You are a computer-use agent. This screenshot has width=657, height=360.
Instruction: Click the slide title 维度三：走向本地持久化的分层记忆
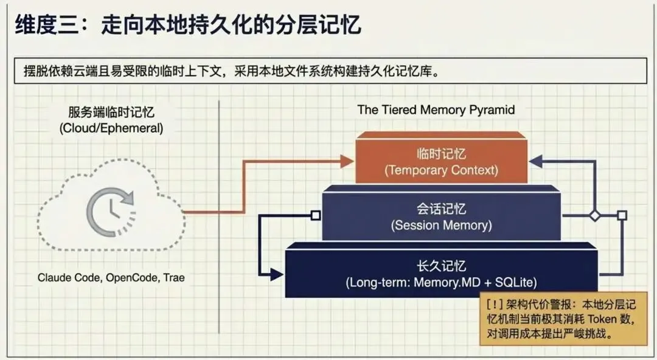pyautogui.click(x=188, y=26)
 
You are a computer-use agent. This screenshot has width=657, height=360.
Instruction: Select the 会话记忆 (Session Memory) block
pyautogui.click(x=441, y=216)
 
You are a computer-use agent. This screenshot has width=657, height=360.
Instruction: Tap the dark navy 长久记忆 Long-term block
pyautogui.click(x=441, y=274)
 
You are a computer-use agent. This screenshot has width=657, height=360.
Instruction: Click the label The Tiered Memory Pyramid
pyautogui.click(x=436, y=110)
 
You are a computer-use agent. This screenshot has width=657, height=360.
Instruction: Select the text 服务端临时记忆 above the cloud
pyautogui.click(x=111, y=112)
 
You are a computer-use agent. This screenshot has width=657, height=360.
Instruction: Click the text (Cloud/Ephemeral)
pyautogui.click(x=111, y=128)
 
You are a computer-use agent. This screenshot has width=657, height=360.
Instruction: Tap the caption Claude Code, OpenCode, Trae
pyautogui.click(x=111, y=277)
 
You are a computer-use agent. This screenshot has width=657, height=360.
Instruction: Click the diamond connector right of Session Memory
pyautogui.click(x=594, y=215)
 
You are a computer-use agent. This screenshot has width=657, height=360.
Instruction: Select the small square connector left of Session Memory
pyautogui.click(x=315, y=215)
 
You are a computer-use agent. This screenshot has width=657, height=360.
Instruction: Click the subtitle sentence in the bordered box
pyautogui.click(x=227, y=71)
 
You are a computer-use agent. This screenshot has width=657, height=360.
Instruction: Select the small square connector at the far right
pyautogui.click(x=622, y=215)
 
